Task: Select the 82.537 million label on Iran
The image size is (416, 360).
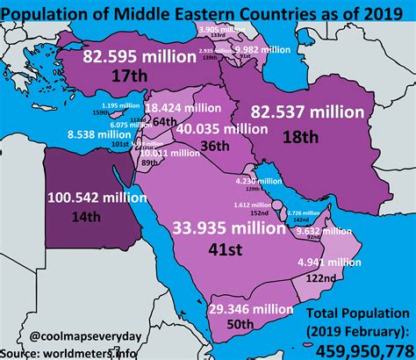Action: tap(306, 112)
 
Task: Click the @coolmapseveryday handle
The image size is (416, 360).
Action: tap(75, 334)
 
